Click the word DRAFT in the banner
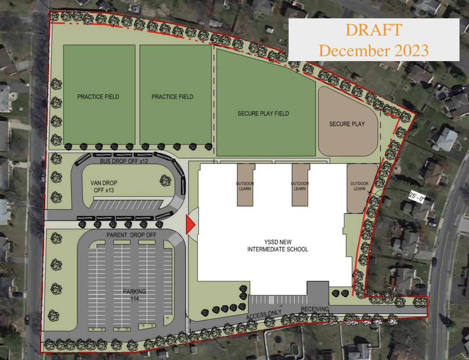pos(374,30)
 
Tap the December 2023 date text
pos(374,51)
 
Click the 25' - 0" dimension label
pos(417,197)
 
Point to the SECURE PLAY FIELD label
pos(263,114)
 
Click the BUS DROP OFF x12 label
pos(124,161)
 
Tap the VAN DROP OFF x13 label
pos(104,186)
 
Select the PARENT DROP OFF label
pos(131,235)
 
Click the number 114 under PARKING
pos(135,299)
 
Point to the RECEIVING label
pos(315,309)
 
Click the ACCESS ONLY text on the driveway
pos(264,314)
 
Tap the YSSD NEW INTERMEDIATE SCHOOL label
pos(278,246)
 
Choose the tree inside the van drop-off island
pos(165,180)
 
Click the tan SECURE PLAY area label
pos(347,124)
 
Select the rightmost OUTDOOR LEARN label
pos(359,186)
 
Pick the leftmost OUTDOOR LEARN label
pos(245,186)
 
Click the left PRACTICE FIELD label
pos(98,97)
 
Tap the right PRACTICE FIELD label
pos(172,97)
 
